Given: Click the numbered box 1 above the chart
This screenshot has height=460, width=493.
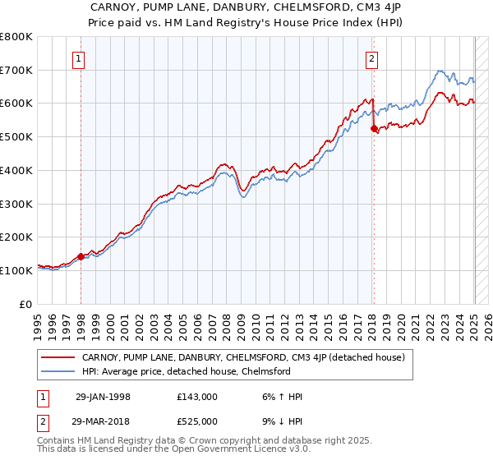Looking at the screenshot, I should click(x=78, y=58).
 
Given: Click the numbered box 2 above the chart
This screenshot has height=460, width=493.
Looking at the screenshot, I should click(x=372, y=58).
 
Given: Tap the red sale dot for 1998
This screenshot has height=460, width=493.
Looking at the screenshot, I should click(x=81, y=256).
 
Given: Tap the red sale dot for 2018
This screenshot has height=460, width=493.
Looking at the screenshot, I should click(x=374, y=128).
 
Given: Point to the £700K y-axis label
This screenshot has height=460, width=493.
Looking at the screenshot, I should click(x=17, y=70).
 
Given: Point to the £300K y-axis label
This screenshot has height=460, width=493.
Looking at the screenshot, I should click(x=17, y=203).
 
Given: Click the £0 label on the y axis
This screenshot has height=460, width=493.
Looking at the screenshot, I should click(x=26, y=303).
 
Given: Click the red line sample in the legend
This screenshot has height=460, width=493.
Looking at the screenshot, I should click(x=58, y=357).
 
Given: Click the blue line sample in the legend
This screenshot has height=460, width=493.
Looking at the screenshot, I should click(x=58, y=370).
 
